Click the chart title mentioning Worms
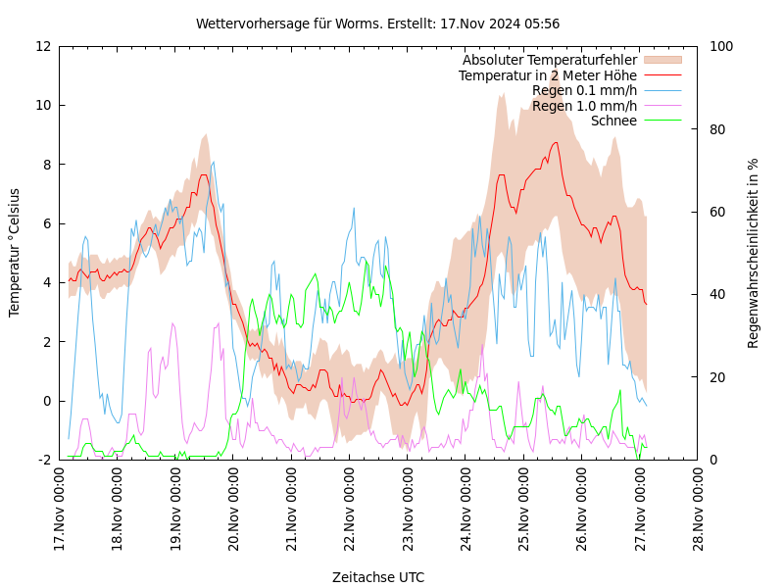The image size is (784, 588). pos(377,24)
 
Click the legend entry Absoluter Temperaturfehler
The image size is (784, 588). pos(549,61)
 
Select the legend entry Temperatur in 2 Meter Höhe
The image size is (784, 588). pos(547,75)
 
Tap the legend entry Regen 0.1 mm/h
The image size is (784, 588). pos(584,91)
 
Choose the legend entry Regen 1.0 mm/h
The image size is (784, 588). pos(584,106)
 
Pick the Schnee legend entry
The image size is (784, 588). pos(613,121)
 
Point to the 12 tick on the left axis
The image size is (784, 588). pos(43,46)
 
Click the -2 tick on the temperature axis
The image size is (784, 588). pos(45,460)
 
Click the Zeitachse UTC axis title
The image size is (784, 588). pos(378,577)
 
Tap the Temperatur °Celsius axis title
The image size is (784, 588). pos(15,253)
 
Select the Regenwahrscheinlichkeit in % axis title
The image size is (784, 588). pos(753,253)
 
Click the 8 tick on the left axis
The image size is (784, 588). pos(45,165)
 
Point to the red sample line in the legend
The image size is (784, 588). pos(662,75)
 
